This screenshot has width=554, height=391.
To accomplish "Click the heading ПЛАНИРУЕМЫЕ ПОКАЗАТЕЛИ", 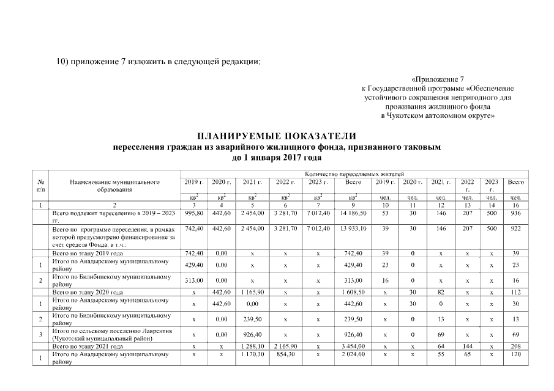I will coord(276,136).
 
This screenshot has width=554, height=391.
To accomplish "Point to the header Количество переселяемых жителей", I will coord(354,174).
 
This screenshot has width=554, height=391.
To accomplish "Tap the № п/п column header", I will coord(41,186).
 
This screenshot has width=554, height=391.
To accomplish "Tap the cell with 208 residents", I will coord(515,346).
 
